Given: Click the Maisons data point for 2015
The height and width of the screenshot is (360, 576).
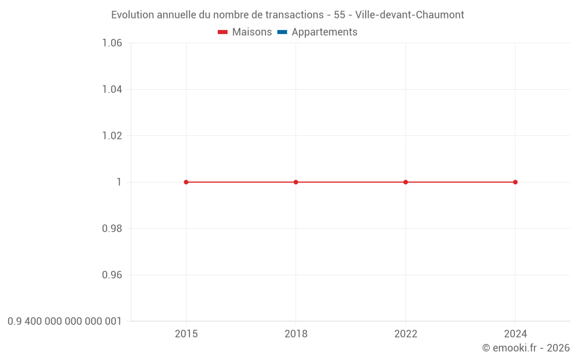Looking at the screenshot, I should pyautogui.click(x=186, y=182).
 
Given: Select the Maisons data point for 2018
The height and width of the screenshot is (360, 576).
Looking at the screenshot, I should pyautogui.click(x=296, y=182).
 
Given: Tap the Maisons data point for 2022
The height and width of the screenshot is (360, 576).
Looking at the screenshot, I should pyautogui.click(x=406, y=182).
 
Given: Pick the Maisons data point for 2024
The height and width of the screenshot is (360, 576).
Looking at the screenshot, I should pyautogui.click(x=515, y=182).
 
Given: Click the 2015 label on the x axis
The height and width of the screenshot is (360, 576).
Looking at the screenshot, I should pyautogui.click(x=186, y=334).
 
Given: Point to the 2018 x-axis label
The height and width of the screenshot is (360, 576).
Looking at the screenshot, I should pyautogui.click(x=296, y=334).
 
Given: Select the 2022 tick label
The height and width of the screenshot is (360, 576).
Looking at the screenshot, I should pyautogui.click(x=406, y=334).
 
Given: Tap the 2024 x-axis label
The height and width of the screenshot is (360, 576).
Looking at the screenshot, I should pyautogui.click(x=515, y=334).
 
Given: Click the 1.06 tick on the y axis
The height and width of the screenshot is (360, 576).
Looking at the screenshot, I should pyautogui.click(x=112, y=43).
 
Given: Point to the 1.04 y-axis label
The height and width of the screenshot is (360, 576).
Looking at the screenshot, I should pyautogui.click(x=112, y=89).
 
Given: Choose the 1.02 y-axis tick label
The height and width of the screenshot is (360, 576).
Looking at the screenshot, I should pyautogui.click(x=112, y=135).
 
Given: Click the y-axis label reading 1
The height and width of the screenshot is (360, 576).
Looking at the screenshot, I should pyautogui.click(x=119, y=182).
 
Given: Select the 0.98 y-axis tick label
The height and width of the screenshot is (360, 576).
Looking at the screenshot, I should pyautogui.click(x=112, y=229).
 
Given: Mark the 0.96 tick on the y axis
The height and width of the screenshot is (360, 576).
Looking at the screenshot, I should pyautogui.click(x=112, y=275).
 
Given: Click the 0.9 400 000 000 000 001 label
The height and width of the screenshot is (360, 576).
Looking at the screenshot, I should pyautogui.click(x=65, y=321).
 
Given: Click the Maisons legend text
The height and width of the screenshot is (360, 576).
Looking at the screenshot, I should pyautogui.click(x=252, y=32).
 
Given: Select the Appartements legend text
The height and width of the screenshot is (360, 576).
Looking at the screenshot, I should pyautogui.click(x=324, y=32).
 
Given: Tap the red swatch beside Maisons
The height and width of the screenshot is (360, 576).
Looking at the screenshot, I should pyautogui.click(x=223, y=32).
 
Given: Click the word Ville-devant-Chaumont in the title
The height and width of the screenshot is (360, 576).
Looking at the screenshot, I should pyautogui.click(x=410, y=14).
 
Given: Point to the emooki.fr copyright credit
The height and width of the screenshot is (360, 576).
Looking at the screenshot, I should pyautogui.click(x=526, y=348).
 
